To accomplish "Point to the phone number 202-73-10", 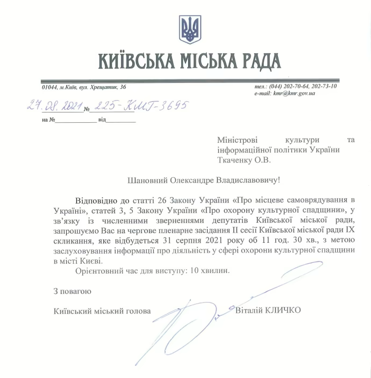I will tap(323, 87).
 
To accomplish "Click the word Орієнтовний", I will tap(98, 270).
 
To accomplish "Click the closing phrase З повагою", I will tap(72, 291).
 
